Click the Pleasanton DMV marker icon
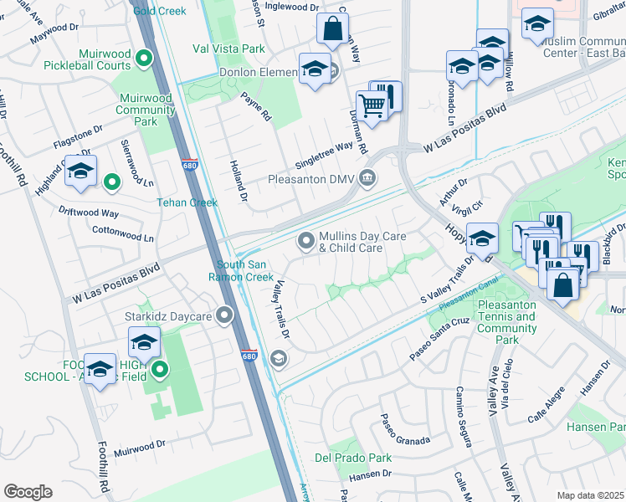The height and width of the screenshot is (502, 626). (x=367, y=179)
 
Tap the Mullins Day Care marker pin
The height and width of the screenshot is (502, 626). (x=306, y=242)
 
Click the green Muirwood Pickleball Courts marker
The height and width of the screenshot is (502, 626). (x=143, y=59)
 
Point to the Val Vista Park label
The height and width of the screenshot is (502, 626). (x=228, y=49)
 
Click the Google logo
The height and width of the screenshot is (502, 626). (x=28, y=492)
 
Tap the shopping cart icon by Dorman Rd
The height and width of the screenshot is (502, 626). (x=371, y=105)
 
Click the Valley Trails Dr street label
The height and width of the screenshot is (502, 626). (x=279, y=309)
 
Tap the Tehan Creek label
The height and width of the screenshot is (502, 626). (x=187, y=202)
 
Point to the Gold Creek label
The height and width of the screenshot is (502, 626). (x=160, y=10)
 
